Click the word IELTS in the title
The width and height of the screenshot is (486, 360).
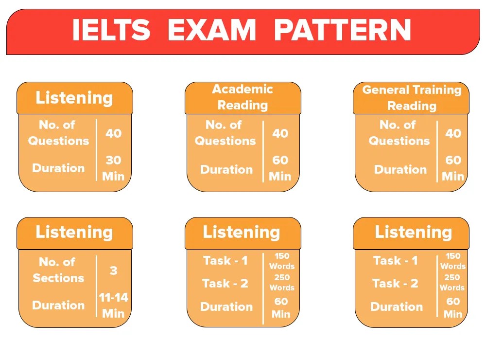111,30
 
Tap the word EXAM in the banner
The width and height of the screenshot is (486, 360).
211,30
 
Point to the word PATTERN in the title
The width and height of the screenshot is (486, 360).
343,30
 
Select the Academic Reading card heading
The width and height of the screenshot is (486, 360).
243,97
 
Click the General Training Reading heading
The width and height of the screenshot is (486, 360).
412,98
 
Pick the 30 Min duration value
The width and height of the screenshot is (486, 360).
113,168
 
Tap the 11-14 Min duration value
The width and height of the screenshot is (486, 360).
113,305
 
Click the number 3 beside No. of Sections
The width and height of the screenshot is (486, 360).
113,270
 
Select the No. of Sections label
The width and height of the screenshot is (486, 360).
58,270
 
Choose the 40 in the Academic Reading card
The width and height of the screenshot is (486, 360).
280,133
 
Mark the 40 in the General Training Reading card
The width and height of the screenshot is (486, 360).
453,133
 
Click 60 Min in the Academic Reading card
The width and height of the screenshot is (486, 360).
280,168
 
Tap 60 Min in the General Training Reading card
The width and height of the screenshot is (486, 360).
453,168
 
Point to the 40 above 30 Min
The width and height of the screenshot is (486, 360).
113,133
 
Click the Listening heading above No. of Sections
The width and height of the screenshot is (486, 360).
74,233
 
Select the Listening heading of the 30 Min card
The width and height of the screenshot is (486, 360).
74,98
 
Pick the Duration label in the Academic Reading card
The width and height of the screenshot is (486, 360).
226,169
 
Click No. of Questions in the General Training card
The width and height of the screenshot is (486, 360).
399,133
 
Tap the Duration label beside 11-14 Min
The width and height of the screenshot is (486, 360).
58,305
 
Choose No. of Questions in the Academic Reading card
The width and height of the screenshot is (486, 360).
225,133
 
